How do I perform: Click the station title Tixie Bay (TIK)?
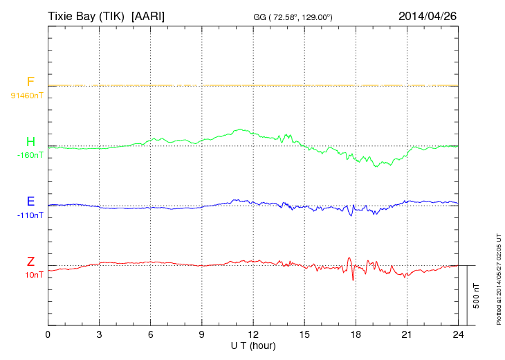tap(86, 15)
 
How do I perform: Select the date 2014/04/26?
tap(428, 15)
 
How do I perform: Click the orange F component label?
tap(30, 82)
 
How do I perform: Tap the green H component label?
tap(30, 143)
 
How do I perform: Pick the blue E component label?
tap(30, 201)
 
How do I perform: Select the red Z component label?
tap(30, 262)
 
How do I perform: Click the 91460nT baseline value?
tap(26, 95)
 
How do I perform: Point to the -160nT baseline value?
tap(30, 155)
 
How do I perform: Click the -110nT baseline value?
tap(30, 215)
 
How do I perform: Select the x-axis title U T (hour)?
tap(253, 345)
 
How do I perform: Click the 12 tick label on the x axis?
tap(253, 334)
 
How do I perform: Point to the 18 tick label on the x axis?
tap(356, 334)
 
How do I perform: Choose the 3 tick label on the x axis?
tap(100, 334)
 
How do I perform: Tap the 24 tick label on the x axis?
tap(458, 334)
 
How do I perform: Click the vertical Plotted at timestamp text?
tap(499, 277)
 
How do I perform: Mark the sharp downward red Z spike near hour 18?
tap(353, 278)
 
